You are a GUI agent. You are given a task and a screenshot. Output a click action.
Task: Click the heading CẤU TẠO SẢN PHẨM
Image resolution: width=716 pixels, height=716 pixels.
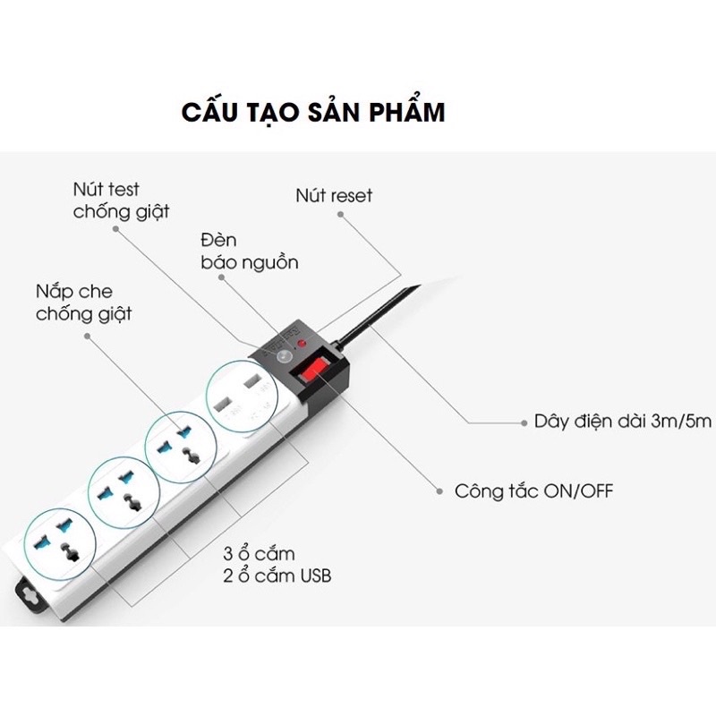pos(312,113)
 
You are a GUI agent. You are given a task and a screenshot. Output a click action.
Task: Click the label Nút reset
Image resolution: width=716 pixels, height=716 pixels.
pos(334,195)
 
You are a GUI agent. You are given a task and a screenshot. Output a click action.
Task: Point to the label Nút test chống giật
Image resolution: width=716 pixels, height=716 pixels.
pos(121,200)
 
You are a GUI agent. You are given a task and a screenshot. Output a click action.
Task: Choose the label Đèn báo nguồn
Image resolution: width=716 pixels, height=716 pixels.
pos(250,252)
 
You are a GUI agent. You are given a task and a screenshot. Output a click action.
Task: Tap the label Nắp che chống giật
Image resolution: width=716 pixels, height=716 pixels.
pos(84,302)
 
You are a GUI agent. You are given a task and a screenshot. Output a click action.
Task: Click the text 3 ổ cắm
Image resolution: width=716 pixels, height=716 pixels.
pos(259,553)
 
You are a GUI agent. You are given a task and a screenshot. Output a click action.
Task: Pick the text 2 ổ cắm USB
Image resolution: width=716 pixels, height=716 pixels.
pos(277,575)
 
